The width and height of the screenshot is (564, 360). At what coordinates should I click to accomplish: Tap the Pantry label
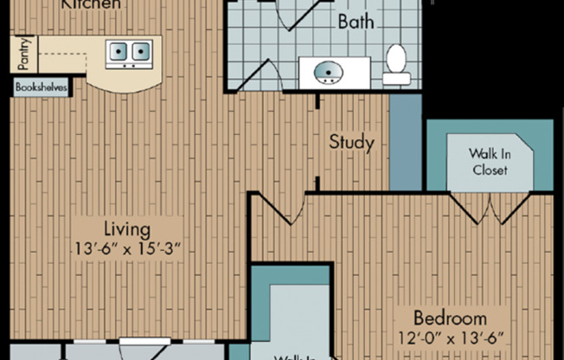point(23,55)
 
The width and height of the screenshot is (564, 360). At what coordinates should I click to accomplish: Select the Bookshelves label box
point(42,87)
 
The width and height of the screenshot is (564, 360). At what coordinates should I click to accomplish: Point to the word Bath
point(356,22)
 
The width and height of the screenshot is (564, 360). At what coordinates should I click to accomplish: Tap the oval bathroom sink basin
point(328,73)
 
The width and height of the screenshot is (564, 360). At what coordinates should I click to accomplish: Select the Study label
point(351,141)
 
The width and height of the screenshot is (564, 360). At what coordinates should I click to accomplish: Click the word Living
point(128,229)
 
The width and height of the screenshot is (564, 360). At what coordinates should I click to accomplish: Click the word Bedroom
point(448,318)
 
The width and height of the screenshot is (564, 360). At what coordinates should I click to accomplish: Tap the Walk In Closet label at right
point(489,162)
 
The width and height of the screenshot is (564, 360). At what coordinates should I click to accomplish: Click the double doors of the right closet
point(490,208)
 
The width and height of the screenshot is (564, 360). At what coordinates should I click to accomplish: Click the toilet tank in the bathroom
point(396,79)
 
